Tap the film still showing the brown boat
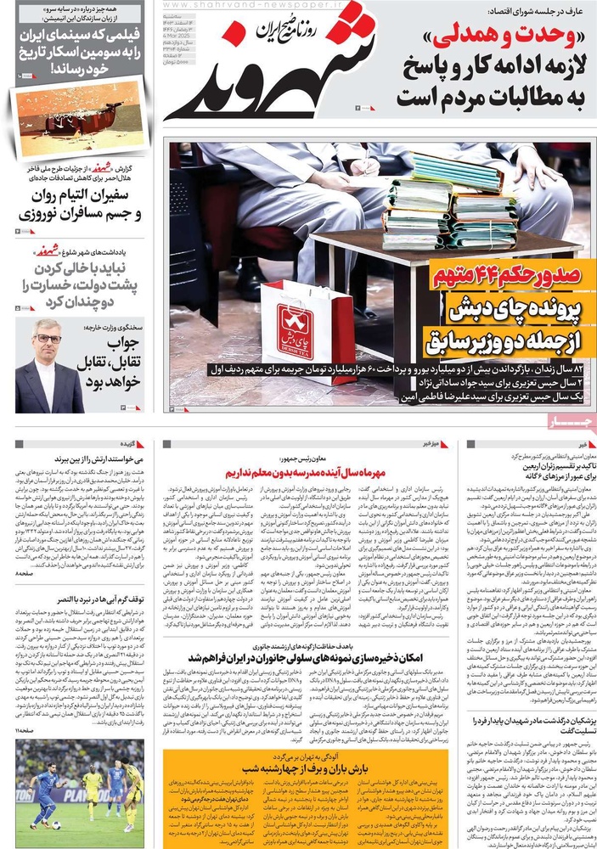pyautogui.click(x=77, y=117)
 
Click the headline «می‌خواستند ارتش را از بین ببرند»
pyautogui.click(x=78, y=459)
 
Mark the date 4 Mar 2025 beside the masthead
pyautogui.click(x=374, y=40)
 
